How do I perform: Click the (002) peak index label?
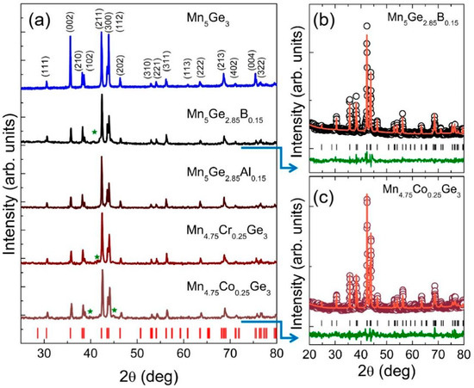pos(70,22)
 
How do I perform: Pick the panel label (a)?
pos(39,21)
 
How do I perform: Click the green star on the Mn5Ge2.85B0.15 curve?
pos(94,132)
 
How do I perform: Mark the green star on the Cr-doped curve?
pos(97,256)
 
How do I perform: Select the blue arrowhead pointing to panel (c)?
pos(293,338)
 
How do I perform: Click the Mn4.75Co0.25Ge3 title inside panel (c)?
pos(421,191)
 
